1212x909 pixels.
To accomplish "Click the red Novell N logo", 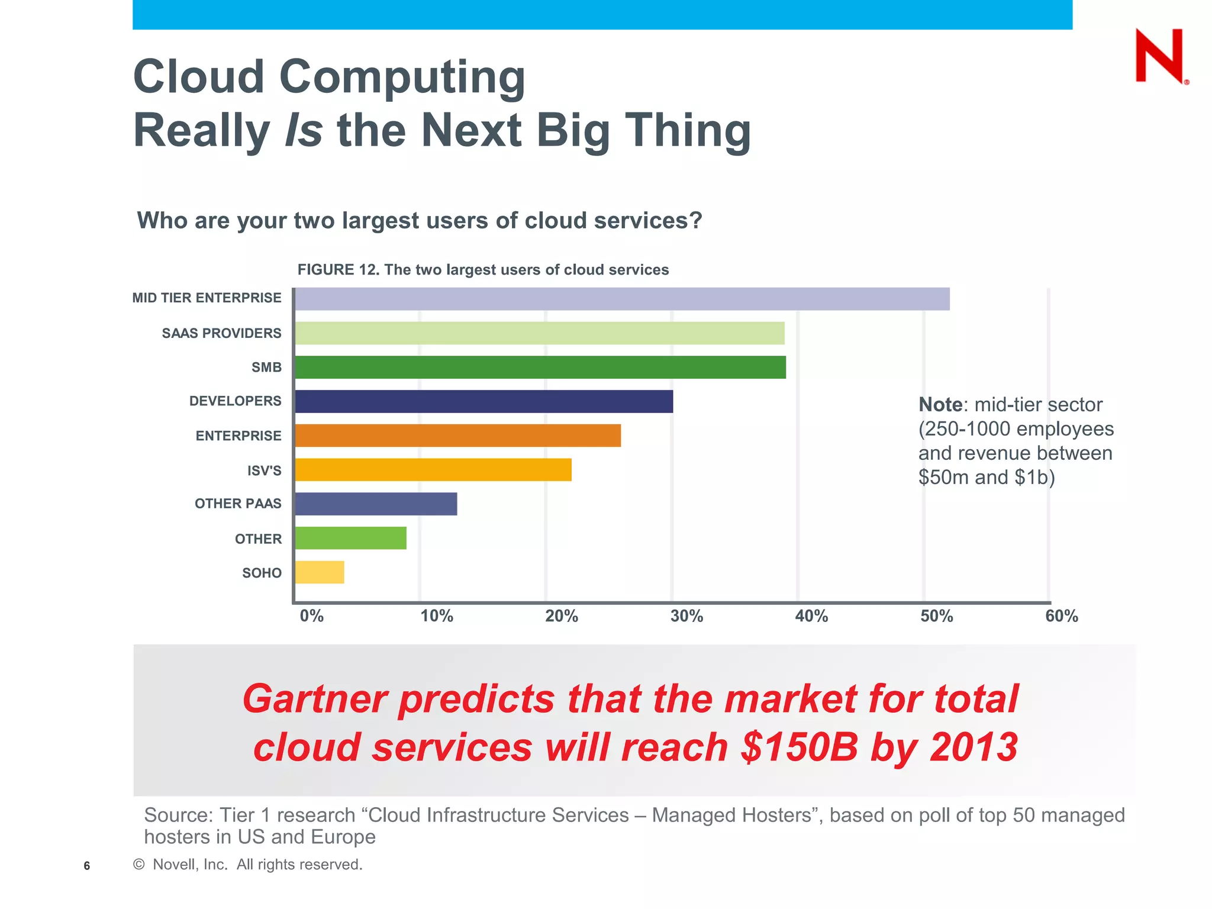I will click(1160, 56).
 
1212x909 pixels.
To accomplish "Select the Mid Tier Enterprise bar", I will click(621, 299).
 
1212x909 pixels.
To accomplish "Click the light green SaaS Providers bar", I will click(539, 333).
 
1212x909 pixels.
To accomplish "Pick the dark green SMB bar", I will click(540, 367).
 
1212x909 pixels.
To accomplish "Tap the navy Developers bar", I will click(483, 401).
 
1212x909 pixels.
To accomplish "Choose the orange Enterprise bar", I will click(457, 436).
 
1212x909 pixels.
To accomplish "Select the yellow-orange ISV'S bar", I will click(433, 470).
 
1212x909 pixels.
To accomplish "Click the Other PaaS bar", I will click(376, 504).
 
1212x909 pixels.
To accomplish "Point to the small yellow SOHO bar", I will click(319, 572).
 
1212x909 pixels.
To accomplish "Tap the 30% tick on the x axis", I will click(686, 616).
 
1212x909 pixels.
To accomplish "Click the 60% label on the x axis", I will click(1061, 616).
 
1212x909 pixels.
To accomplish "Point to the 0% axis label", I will click(311, 616).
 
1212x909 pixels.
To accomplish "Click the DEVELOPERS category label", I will click(235, 401).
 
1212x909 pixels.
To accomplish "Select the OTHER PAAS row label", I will click(238, 504).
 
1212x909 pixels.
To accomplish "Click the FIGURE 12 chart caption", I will click(483, 270).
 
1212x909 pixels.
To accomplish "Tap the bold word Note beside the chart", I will click(940, 405).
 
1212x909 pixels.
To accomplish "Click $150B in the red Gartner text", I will click(798, 747).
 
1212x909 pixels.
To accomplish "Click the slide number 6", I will click(87, 866).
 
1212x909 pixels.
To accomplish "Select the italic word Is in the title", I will click(303, 130).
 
